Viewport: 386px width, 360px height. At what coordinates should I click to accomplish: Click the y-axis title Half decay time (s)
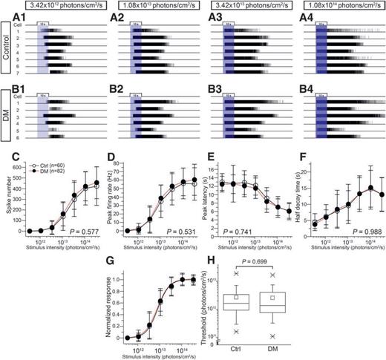point(290,197)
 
